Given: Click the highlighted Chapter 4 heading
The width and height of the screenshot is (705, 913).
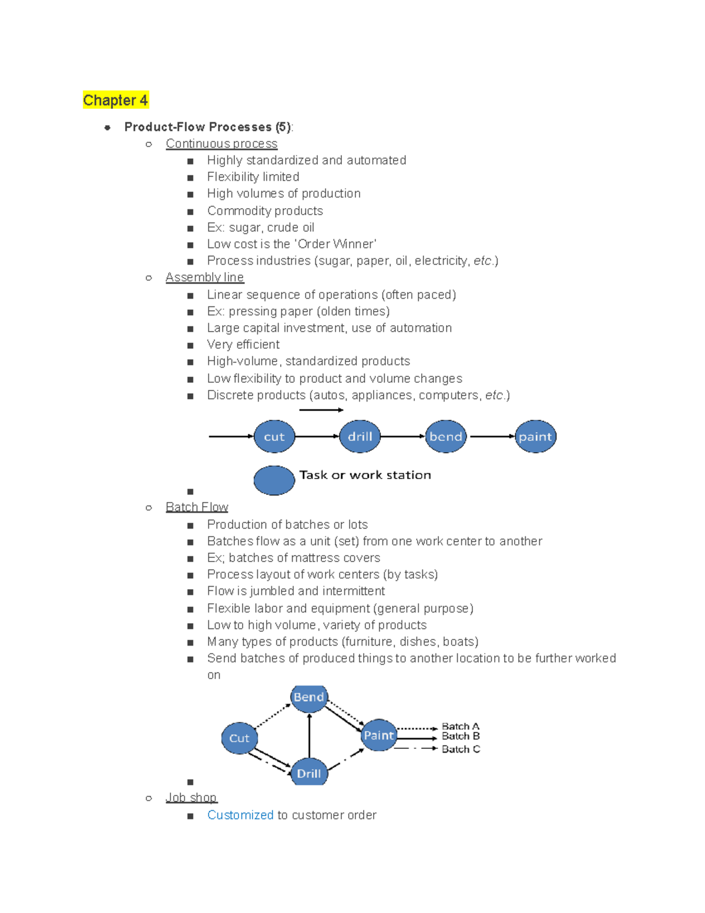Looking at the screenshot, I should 115,100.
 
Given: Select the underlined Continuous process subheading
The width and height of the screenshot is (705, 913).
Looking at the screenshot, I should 221,143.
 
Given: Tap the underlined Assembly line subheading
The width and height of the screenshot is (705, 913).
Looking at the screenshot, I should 204,277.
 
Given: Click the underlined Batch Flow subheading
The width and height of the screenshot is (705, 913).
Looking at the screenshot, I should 196,507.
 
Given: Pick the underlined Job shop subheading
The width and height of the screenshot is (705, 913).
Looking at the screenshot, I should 191,797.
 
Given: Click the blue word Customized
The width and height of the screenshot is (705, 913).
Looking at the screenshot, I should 240,815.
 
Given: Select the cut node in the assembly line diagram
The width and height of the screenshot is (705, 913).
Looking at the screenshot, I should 274,436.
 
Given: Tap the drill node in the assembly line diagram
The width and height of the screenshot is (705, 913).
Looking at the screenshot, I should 360,436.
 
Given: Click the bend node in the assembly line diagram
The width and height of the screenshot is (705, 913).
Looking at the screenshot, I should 445,436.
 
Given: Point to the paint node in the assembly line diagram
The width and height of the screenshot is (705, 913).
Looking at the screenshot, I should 535,436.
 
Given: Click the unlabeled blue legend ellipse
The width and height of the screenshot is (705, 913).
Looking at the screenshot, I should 274,480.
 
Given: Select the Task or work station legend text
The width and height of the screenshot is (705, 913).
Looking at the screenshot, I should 365,474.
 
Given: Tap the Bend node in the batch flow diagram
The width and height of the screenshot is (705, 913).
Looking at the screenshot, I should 309,697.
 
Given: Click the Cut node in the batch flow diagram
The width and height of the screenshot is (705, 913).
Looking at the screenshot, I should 239,738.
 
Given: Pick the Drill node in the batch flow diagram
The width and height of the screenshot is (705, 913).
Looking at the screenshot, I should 309,773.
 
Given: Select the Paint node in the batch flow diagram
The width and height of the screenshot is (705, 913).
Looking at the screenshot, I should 378,735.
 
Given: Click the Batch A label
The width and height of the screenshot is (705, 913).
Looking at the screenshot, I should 461,726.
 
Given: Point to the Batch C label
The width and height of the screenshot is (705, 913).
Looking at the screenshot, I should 461,749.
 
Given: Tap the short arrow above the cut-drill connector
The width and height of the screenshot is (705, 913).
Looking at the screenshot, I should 321,410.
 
